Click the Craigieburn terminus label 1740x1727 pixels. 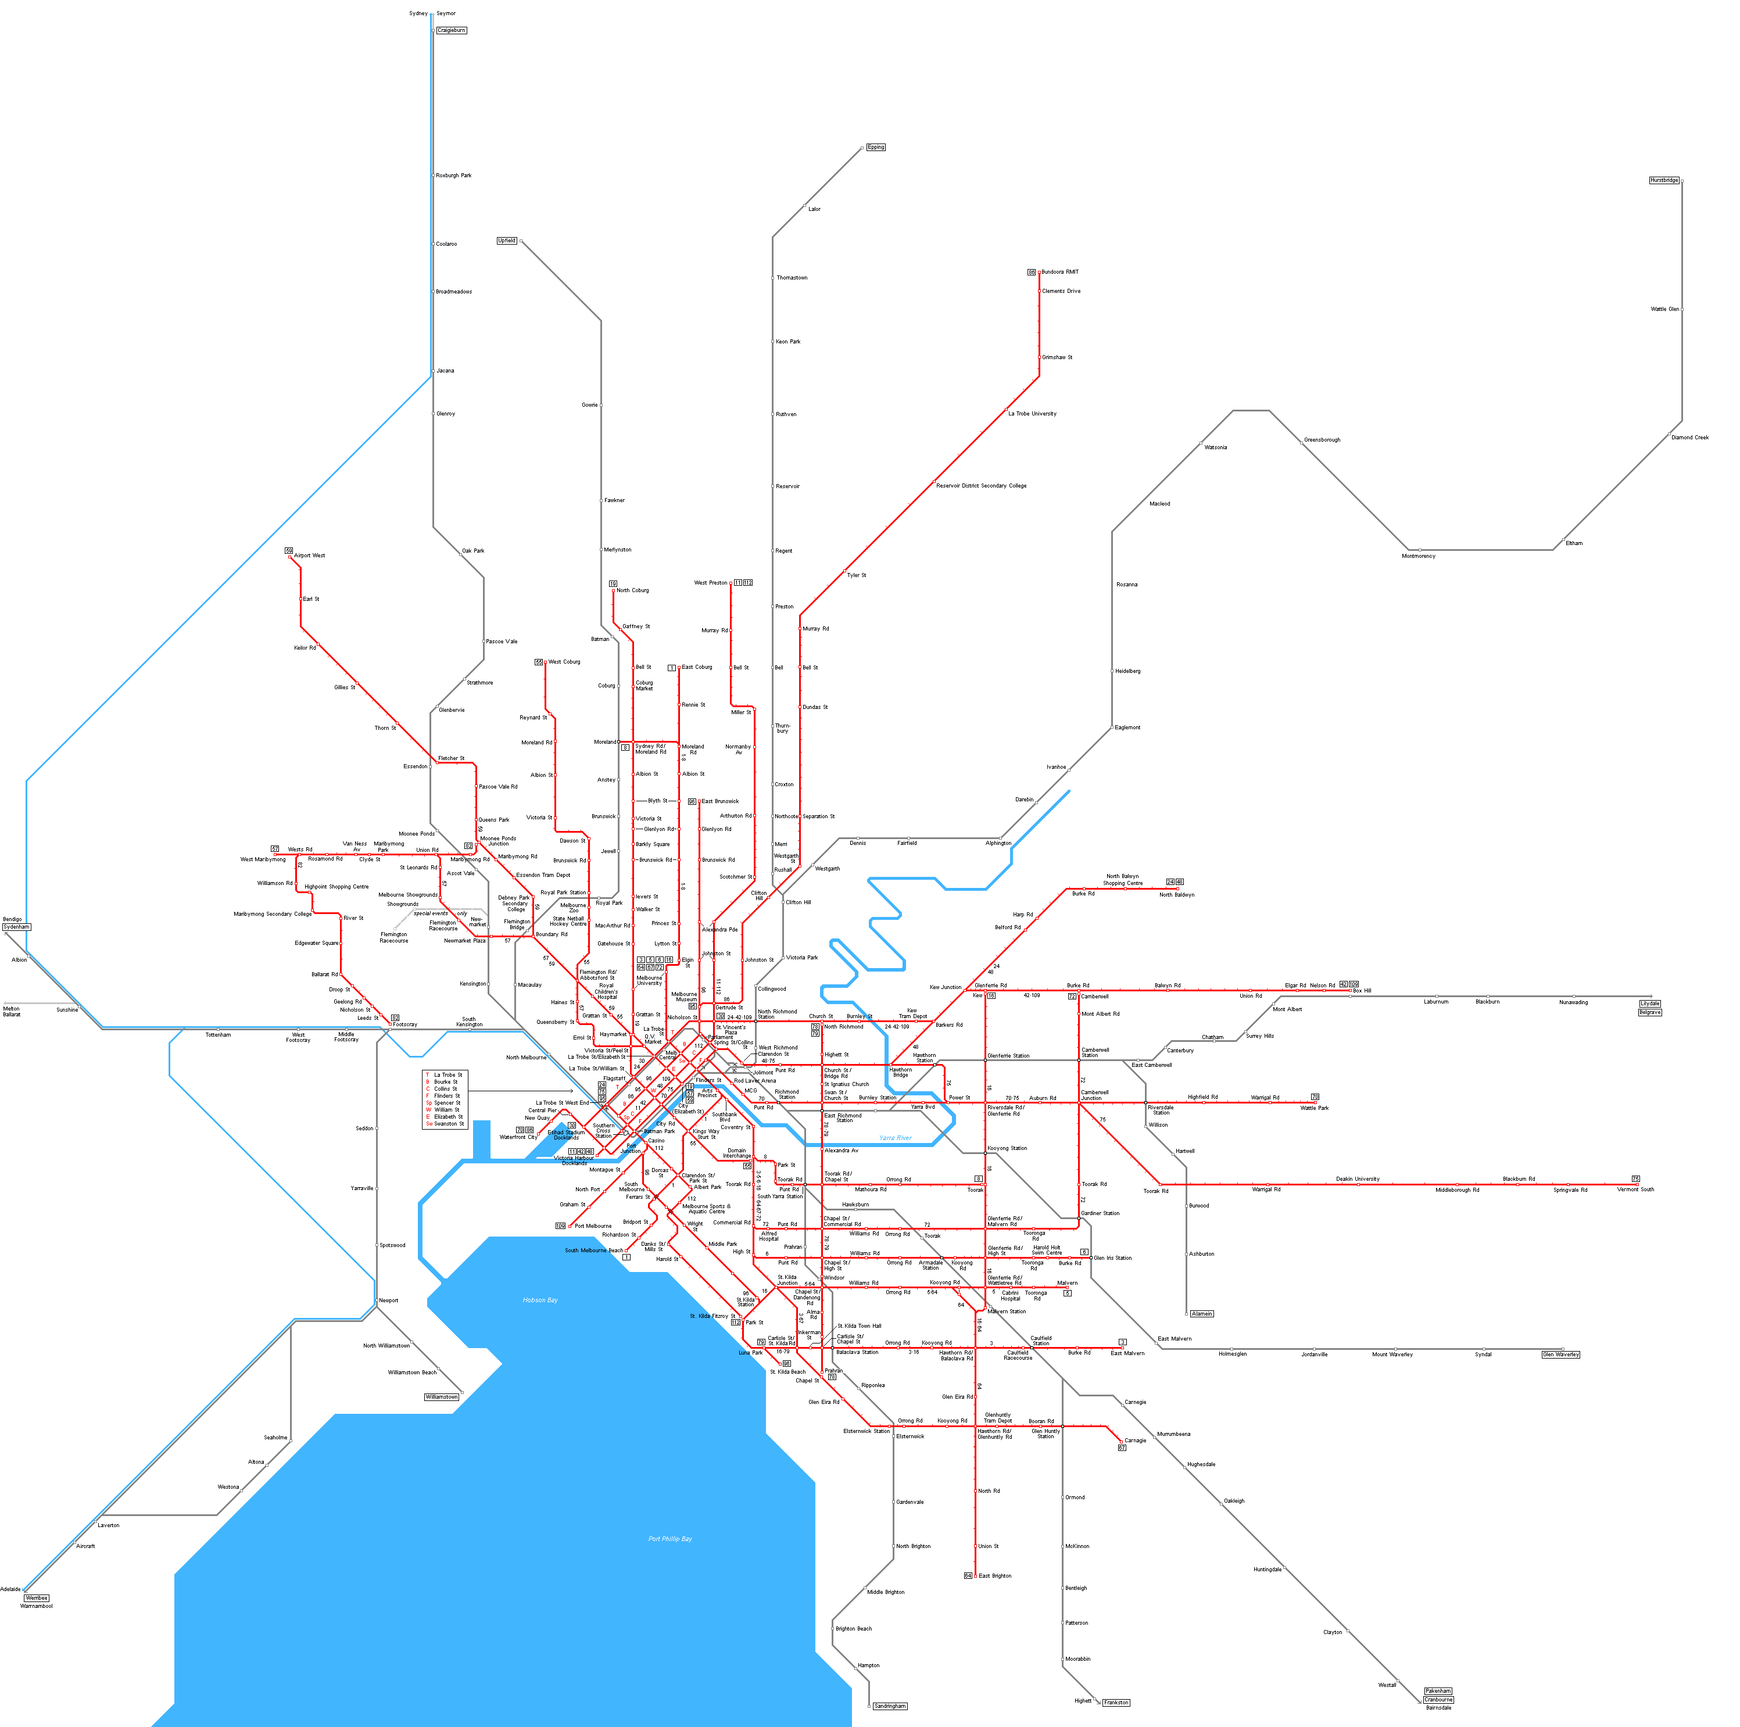451,31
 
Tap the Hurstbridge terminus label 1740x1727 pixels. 1663,180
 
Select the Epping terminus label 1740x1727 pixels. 875,147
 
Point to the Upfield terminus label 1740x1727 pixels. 507,241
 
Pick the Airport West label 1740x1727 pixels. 309,556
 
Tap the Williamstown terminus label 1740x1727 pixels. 441,1396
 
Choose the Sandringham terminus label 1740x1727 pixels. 890,1705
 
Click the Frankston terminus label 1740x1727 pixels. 1116,1702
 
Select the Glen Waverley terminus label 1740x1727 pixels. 1561,1354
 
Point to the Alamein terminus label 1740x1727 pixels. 1201,1314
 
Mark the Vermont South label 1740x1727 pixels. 1635,1189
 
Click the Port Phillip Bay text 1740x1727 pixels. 670,1539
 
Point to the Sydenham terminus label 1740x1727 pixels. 16,926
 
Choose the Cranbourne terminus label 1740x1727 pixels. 1438,1699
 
